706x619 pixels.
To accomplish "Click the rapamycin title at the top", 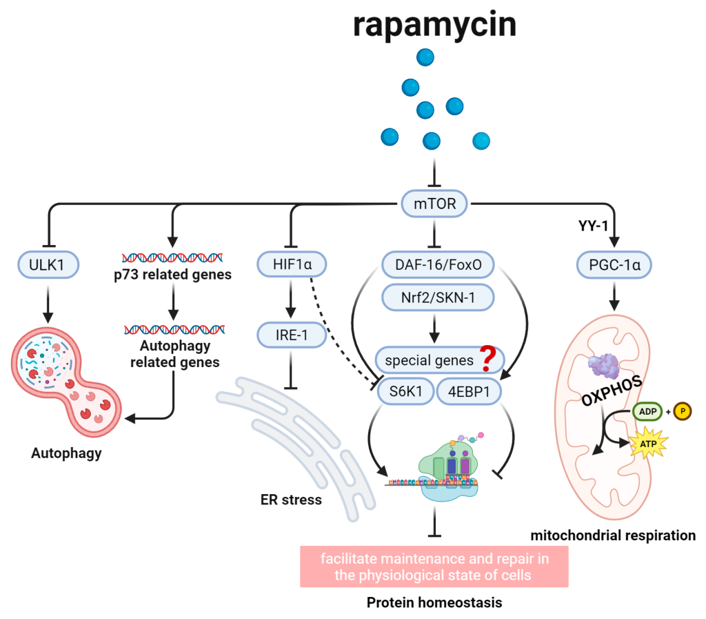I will coord(434,25).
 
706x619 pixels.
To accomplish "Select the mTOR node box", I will coord(435,204).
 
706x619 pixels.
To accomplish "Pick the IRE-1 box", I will coord(290,336).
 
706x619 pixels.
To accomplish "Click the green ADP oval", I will coord(645,412).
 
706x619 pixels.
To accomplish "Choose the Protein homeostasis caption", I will coord(434,602).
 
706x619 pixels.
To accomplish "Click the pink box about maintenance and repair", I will coord(434,567).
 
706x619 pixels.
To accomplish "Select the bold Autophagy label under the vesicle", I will coord(66,453).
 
